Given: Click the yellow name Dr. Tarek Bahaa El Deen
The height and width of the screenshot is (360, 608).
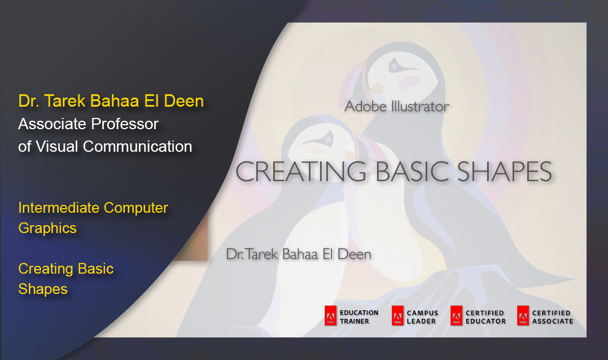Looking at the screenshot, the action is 111,101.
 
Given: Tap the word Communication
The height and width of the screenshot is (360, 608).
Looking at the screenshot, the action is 138,147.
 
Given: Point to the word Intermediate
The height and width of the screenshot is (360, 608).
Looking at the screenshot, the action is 59,208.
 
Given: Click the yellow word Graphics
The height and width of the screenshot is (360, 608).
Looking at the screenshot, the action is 47,229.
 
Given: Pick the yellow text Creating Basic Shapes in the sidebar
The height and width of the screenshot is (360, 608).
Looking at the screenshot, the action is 66,279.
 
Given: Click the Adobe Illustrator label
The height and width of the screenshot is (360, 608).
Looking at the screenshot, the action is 397,107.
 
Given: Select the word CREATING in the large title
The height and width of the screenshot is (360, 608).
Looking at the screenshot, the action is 301,172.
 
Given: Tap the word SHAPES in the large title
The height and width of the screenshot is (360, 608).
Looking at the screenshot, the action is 505,172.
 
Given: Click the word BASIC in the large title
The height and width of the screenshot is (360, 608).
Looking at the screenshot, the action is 412,172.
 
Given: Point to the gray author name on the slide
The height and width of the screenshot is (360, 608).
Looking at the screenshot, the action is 299,254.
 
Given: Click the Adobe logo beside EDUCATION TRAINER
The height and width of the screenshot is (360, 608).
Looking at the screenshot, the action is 330,316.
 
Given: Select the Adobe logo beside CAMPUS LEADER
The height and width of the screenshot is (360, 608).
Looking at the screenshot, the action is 397,316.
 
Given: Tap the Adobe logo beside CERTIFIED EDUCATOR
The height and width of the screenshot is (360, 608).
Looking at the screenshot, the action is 456,316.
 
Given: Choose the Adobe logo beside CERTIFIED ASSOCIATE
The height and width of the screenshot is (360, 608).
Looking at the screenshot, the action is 523,316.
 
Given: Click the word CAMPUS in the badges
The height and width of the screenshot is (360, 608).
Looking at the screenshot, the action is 422,313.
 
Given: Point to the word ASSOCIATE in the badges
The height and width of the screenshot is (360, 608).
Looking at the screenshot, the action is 553,321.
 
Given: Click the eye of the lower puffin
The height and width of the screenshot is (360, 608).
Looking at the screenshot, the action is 329,138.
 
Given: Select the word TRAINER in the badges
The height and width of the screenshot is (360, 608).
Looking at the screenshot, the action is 355,321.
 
